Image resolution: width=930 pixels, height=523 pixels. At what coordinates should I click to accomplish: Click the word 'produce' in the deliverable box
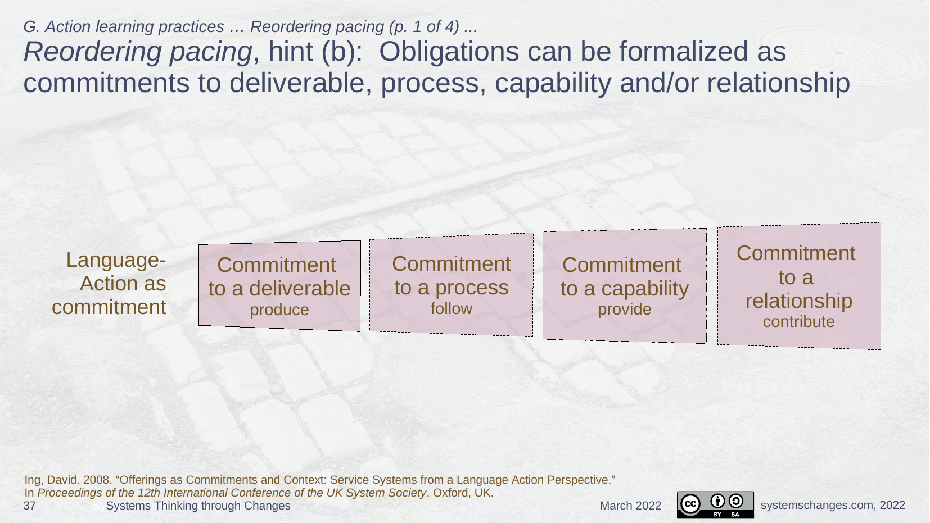point(279,310)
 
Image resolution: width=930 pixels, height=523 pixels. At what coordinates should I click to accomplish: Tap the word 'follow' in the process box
point(452,308)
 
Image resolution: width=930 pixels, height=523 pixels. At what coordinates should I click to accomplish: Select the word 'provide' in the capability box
point(625,310)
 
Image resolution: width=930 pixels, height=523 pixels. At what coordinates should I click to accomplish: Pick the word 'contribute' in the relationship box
point(799,321)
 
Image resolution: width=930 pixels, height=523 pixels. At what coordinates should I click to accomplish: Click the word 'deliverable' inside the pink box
point(300,288)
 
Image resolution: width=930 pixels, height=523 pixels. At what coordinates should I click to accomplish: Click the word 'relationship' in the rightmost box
point(799,301)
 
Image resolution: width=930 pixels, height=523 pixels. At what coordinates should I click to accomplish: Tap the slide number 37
point(29,506)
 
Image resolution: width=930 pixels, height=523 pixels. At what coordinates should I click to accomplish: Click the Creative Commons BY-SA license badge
point(715,505)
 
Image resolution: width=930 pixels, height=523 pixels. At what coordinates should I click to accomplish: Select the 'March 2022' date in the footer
point(631,506)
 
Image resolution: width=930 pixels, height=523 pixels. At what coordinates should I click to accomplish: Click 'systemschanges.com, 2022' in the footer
point(833,505)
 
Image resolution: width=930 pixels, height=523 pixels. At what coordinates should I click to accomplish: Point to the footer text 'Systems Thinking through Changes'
point(198,506)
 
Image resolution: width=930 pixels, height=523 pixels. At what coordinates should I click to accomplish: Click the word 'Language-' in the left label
point(116,260)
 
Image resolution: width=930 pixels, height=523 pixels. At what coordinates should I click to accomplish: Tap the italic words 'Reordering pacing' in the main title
point(138,52)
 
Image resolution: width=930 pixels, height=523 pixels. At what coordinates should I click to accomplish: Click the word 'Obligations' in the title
point(449,52)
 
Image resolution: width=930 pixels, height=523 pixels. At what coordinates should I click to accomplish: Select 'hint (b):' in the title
point(315,52)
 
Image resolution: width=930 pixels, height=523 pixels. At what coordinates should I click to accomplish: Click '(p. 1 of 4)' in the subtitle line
point(425,27)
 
